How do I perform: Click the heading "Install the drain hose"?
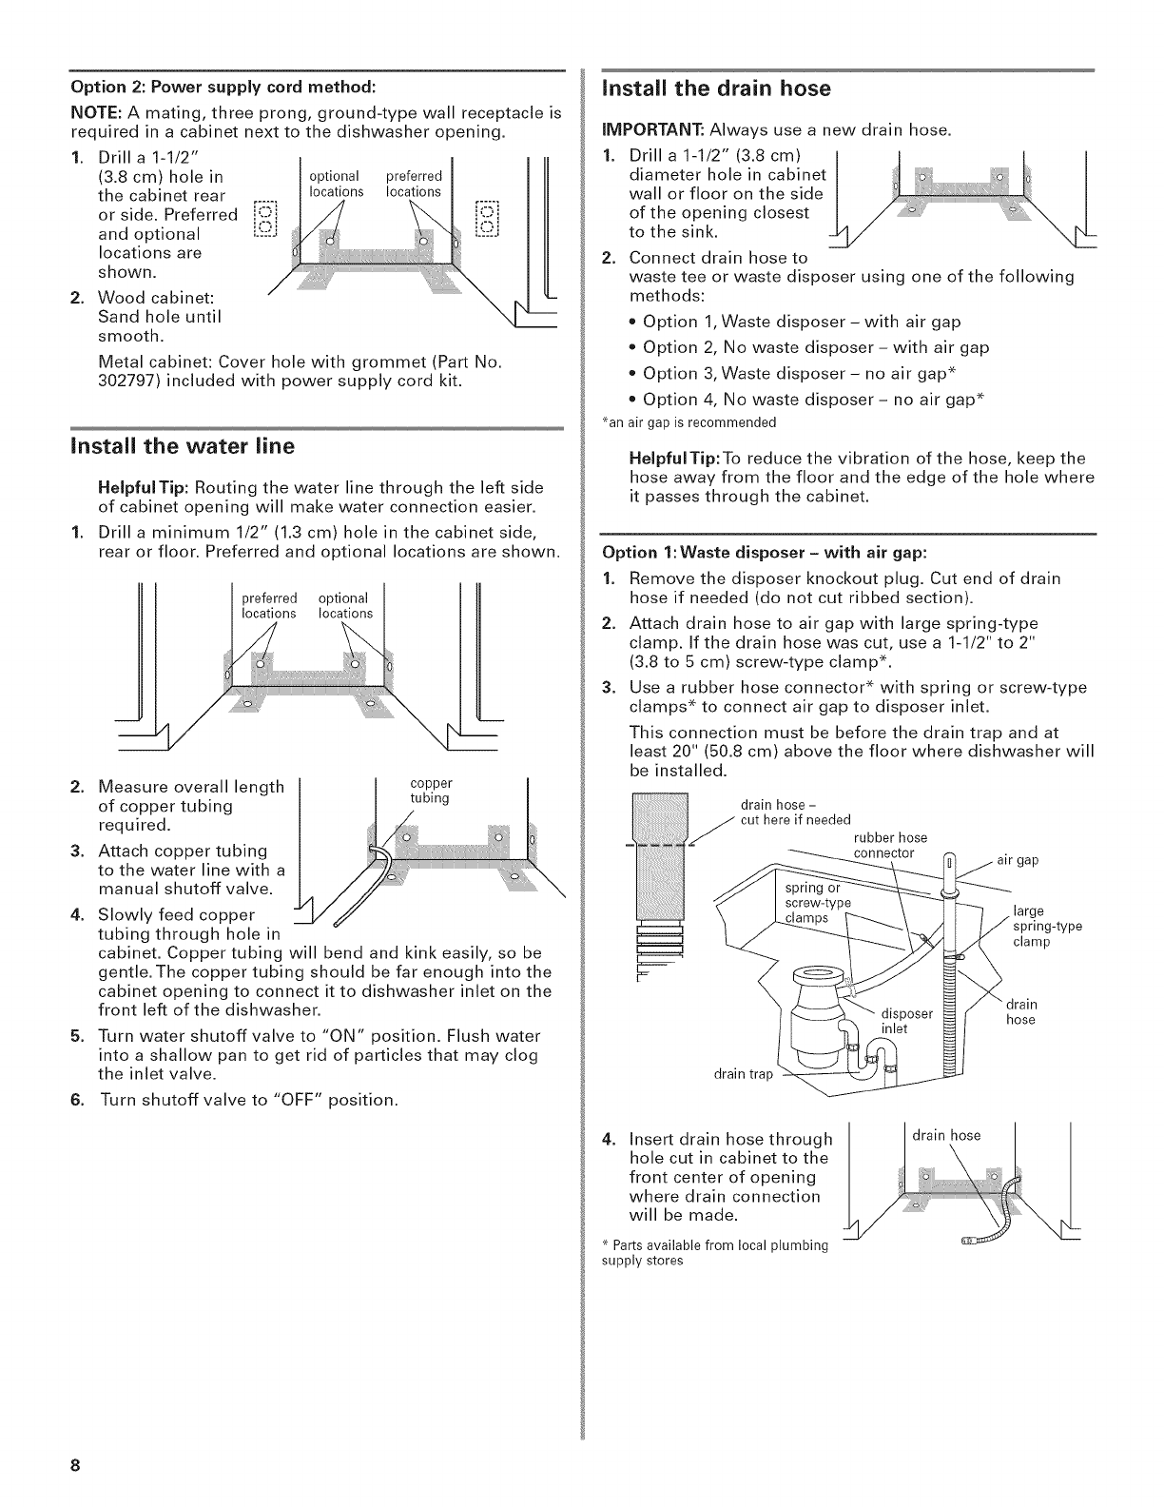coord(709,88)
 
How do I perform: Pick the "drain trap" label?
coord(744,1075)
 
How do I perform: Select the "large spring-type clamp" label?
coord(1045,927)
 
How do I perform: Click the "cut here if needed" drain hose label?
coord(794,820)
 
